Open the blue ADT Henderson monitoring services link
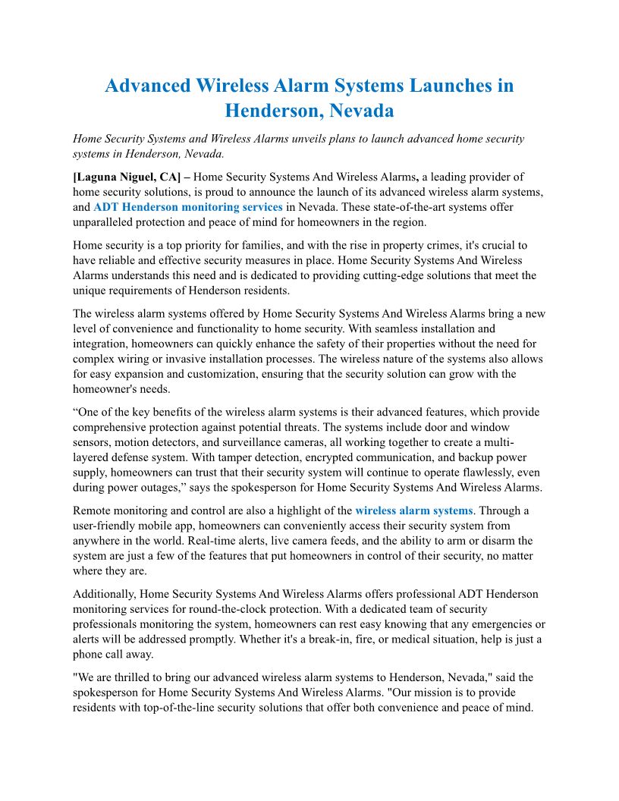pos(188,206)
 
